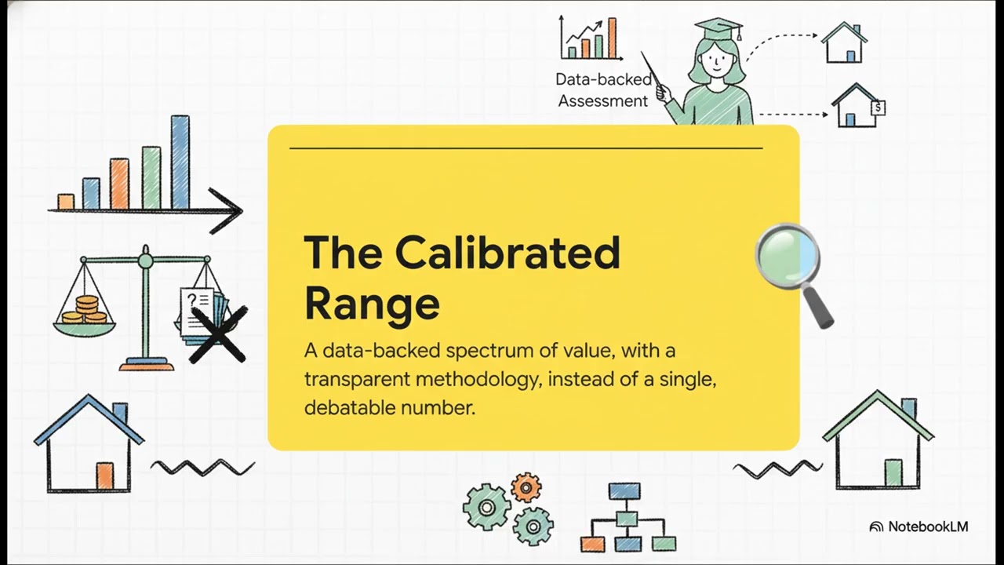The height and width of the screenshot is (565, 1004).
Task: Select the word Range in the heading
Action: (x=372, y=304)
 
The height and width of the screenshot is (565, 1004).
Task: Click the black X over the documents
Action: (x=218, y=334)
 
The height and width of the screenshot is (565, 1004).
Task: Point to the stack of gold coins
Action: (x=85, y=310)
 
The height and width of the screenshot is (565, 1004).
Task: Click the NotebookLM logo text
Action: (x=928, y=527)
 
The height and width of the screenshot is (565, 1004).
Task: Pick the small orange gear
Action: (x=526, y=487)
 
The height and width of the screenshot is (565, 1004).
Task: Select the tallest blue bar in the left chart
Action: (x=180, y=162)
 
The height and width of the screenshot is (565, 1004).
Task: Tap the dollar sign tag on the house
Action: (x=878, y=108)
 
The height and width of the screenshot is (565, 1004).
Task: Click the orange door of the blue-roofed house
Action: (x=105, y=476)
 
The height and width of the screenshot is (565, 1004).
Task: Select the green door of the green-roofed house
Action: (x=893, y=473)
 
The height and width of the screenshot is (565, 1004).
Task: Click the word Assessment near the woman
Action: (x=603, y=101)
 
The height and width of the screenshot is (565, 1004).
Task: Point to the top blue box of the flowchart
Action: (x=624, y=491)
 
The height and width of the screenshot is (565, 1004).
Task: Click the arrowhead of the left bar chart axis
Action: (x=227, y=211)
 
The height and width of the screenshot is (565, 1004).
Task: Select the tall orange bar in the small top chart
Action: (x=613, y=38)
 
